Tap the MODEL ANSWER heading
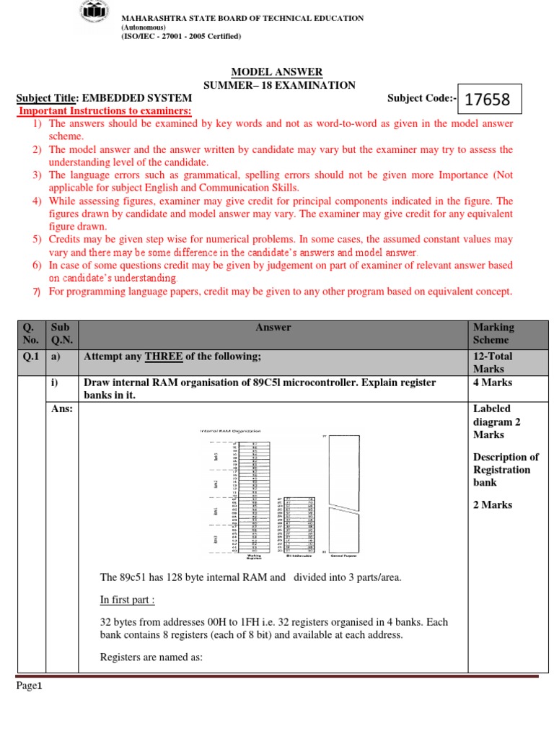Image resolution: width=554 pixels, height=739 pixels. coord(276,72)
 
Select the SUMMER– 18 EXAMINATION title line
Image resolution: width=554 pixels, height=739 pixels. coord(279,85)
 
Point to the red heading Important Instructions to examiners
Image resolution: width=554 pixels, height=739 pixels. coord(105,110)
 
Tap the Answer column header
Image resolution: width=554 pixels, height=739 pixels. coord(273,328)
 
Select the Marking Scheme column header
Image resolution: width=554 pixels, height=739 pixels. coord(493,333)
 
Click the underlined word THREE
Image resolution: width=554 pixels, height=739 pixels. coord(163,357)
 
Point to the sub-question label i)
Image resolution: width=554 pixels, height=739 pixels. coord(54,382)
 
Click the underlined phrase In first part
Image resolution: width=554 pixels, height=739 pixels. coord(127,599)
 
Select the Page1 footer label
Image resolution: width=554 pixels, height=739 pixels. coord(30,686)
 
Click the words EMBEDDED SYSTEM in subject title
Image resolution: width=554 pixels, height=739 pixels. coord(137,98)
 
